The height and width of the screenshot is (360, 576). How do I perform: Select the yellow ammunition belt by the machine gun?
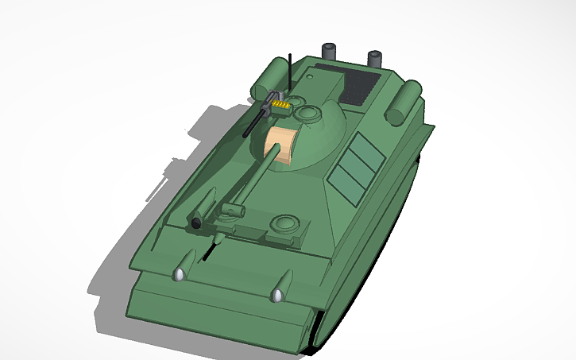[x=280, y=103]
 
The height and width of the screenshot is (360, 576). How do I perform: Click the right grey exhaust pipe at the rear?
[x=375, y=58]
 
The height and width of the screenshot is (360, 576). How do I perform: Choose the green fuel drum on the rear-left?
[x=271, y=78]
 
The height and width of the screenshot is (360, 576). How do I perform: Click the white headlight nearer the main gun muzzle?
[x=180, y=275]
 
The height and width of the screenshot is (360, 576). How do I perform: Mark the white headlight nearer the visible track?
[x=277, y=296]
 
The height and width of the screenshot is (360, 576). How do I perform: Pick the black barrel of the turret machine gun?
[x=256, y=122]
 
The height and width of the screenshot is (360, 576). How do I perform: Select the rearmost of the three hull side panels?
[x=365, y=148]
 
